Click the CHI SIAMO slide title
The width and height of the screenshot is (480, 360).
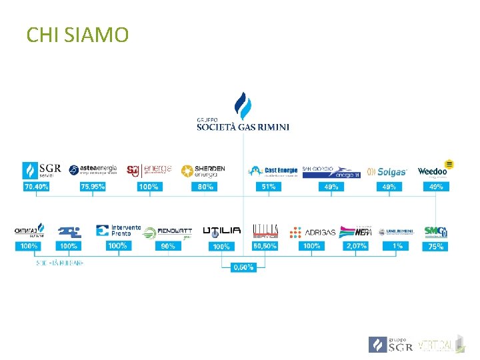pyautogui.click(x=77, y=34)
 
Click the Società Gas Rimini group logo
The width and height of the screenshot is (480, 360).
pyautogui.click(x=243, y=113)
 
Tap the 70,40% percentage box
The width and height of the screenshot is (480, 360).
pyautogui.click(x=37, y=187)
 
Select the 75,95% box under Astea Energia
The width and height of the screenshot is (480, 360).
pyautogui.click(x=93, y=187)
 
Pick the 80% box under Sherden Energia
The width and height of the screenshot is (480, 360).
pyautogui.click(x=205, y=187)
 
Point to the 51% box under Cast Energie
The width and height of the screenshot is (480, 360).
pyautogui.click(x=269, y=187)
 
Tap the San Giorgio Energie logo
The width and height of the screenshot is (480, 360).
pyautogui.click(x=331, y=172)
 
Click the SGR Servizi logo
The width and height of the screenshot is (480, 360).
pyautogui.click(x=41, y=169)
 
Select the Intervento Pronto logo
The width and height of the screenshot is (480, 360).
pyautogui.click(x=118, y=231)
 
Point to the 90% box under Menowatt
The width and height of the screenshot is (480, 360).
pyautogui.click(x=168, y=246)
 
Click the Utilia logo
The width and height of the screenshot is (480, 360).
pyautogui.click(x=222, y=231)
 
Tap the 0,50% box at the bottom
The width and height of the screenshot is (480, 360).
pyautogui.click(x=243, y=267)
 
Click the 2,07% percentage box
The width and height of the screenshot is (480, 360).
pyautogui.click(x=355, y=246)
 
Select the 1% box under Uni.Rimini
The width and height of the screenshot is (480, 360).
pyautogui.click(x=397, y=246)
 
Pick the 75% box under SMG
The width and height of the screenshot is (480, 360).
pyautogui.click(x=436, y=246)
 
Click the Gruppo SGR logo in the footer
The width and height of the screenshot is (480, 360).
pyautogui.click(x=390, y=345)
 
